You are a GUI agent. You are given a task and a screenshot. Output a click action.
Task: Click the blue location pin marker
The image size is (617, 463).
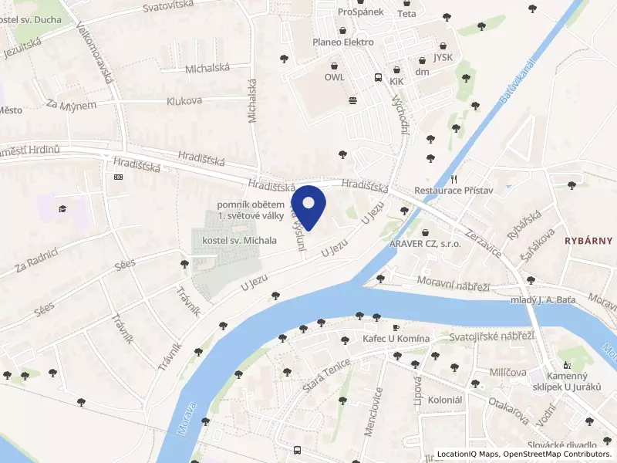pos(309,204)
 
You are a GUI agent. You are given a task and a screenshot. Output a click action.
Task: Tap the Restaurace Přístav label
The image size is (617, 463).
pos(453,190)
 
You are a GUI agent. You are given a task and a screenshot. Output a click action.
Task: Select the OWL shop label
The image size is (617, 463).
pos(334,77)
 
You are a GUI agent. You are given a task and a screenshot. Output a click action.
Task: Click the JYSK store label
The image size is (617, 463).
pos(443,56)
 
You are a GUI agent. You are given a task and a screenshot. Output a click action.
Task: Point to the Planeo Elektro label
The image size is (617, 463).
pos(343,42)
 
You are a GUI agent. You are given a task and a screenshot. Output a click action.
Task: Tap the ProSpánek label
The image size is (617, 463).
pos(361,12)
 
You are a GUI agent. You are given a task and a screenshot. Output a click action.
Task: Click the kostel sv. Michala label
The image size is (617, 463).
pos(239,241)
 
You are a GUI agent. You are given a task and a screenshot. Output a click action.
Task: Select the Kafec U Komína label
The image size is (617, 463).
pos(396,339)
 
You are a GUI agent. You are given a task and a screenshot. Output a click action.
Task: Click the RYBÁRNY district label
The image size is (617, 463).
pos(588,240)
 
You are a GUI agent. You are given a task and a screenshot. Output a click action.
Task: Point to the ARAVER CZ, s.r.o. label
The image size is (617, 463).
pos(424,243)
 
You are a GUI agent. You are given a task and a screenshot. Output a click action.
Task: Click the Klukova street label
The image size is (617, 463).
pos(184,101)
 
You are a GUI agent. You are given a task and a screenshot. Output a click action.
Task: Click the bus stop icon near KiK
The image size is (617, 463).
pos(378,78)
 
